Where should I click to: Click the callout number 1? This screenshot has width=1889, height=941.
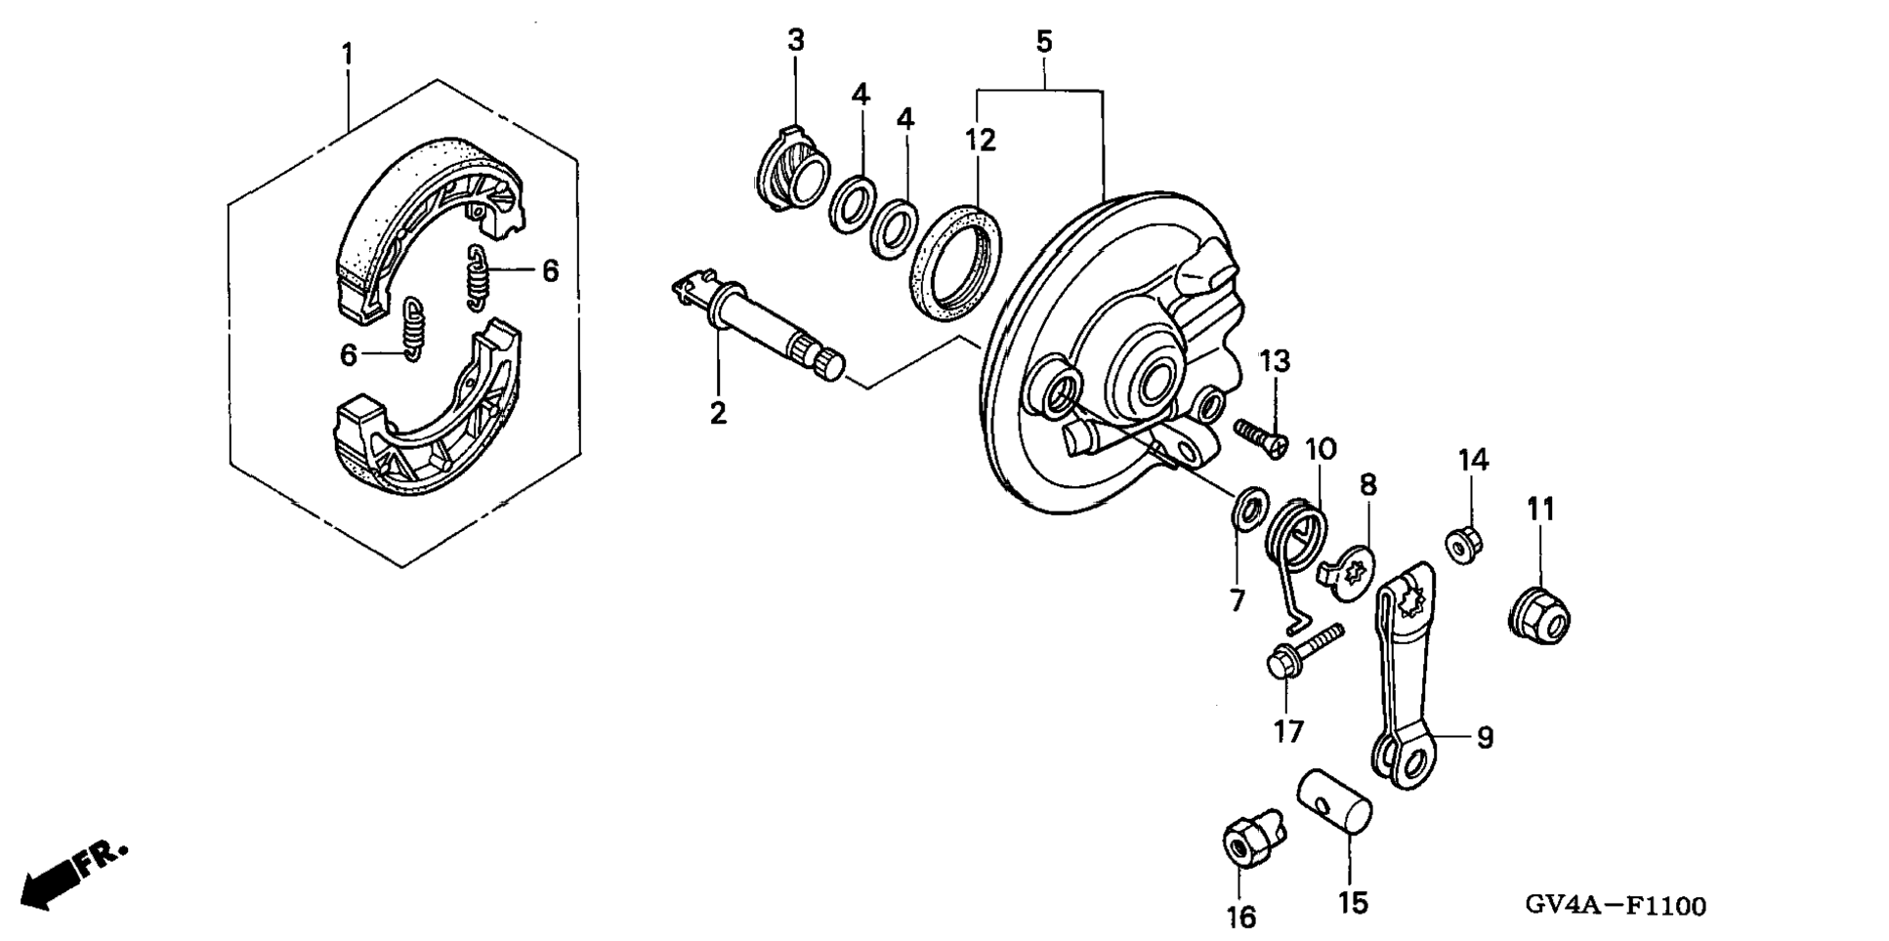(347, 54)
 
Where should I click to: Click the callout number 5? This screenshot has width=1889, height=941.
(1043, 42)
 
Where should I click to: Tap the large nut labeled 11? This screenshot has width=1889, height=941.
(1538, 613)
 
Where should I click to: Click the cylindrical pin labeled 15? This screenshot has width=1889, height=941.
(1333, 803)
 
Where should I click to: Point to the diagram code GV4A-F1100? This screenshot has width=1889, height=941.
(1616, 907)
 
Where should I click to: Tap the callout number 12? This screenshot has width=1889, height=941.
(980, 140)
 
